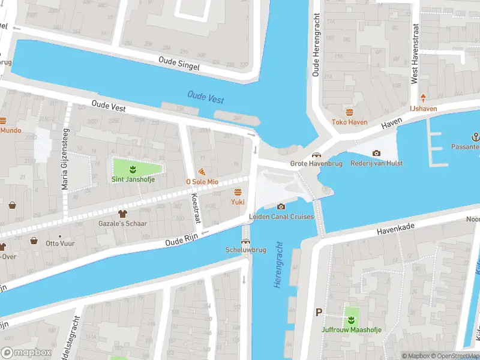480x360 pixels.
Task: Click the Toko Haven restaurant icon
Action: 349,112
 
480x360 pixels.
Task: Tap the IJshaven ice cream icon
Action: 423,98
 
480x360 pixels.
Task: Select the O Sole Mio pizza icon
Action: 201,172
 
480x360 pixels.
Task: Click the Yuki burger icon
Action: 238,192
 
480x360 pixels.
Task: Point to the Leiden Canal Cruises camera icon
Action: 281,207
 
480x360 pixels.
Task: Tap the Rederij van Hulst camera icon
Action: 376,154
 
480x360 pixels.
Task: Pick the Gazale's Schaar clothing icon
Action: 124,214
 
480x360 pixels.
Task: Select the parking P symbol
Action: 319,312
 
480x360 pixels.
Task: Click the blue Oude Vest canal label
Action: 205,97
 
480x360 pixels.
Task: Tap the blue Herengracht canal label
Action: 278,264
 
